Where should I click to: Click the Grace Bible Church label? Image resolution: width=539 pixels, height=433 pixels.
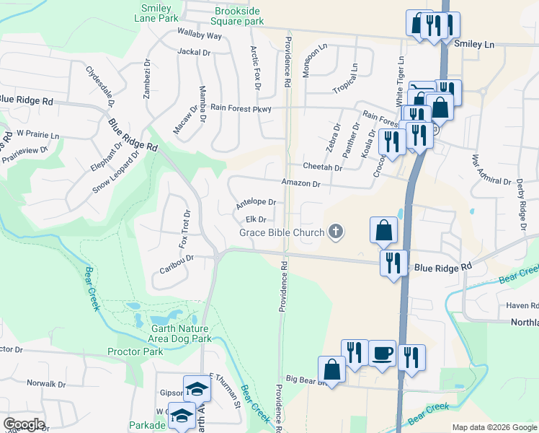point(282,232)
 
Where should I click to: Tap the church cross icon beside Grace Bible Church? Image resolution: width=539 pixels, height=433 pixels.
point(335,232)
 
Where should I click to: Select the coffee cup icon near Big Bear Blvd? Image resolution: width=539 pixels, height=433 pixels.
point(382,354)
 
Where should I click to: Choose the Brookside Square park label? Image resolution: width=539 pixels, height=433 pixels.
point(239,17)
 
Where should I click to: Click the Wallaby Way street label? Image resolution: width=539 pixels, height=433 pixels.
point(200,35)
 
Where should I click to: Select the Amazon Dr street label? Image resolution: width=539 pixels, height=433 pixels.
point(300,184)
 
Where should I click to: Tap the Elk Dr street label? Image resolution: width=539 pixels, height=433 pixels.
point(256,219)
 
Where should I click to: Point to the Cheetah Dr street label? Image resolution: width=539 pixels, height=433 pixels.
point(322,167)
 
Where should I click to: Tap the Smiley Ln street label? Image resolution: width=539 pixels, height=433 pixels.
point(475,44)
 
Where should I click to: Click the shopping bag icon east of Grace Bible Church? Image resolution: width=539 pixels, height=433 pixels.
point(384,231)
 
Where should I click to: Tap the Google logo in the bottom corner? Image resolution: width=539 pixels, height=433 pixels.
point(23,424)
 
